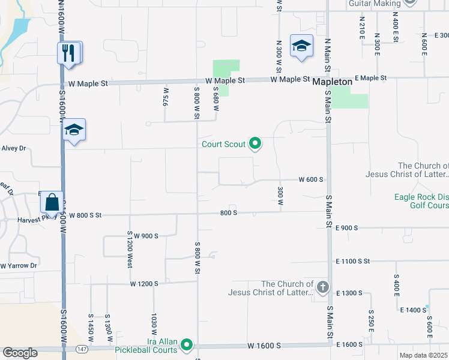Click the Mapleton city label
coord(331,80)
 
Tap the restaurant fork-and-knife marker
coord(68,53)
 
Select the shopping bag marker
coord(52,202)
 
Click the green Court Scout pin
coord(255,143)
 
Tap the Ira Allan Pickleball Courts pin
coord(187,344)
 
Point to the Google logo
coord(20,353)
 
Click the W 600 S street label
coord(312,179)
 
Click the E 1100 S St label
coord(354,261)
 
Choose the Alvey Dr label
coord(14,148)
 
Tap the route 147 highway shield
coord(81,348)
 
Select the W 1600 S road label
coord(264,346)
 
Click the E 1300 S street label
coord(349,293)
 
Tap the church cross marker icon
coord(322,286)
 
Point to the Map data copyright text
coord(424,355)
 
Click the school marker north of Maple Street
coord(301,46)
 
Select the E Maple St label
coord(370,78)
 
